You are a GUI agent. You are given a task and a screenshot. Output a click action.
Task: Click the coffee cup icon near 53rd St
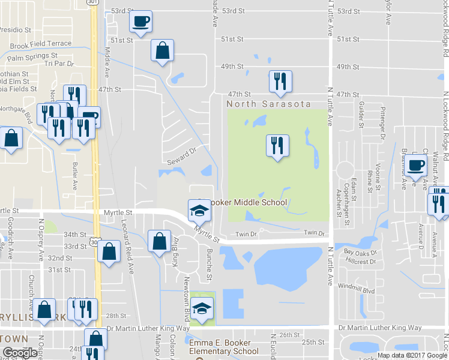click(140, 22)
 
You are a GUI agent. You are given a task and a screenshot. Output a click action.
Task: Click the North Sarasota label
click(269, 104)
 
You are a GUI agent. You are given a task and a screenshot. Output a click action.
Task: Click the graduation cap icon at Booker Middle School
click(200, 210)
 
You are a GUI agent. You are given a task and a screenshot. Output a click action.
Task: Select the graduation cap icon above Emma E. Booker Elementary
click(203, 309)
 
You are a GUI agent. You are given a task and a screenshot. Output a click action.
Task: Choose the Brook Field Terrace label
click(41, 44)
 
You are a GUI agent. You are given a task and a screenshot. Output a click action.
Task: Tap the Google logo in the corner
click(20, 352)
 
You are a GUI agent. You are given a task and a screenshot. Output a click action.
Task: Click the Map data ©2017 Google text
click(411, 355)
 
